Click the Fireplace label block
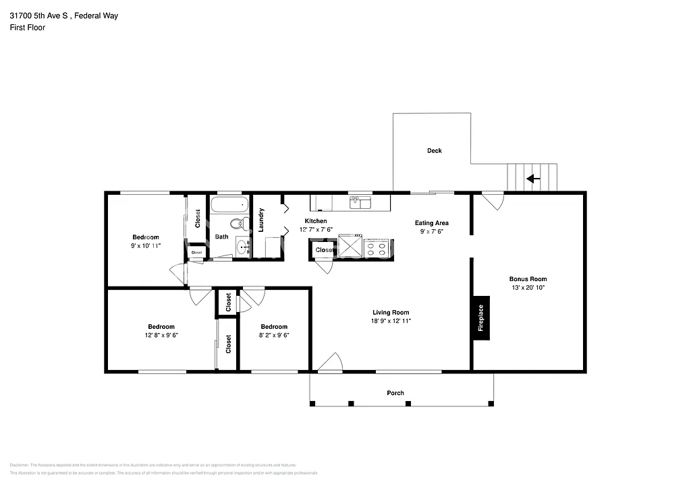click(480, 318)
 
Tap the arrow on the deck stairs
click(532, 179)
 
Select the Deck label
click(434, 151)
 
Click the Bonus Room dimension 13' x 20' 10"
click(528, 288)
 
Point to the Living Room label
click(391, 312)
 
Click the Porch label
click(395, 393)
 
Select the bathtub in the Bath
click(229, 204)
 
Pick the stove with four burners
click(377, 247)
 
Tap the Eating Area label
click(431, 223)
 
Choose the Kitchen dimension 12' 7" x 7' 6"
click(316, 230)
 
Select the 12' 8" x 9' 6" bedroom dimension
click(161, 335)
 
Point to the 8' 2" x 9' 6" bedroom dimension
click(274, 335)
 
